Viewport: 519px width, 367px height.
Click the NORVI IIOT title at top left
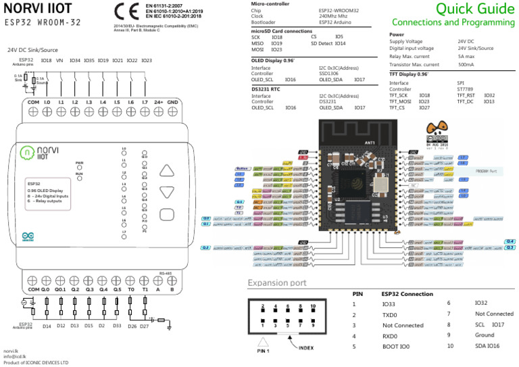point(39,9)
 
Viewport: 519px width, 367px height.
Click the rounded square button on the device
point(167,216)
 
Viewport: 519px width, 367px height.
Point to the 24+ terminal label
point(158,101)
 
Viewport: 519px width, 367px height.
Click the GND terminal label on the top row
point(172,101)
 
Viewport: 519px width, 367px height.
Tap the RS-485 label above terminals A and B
point(166,274)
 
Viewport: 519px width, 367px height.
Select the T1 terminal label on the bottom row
point(145,288)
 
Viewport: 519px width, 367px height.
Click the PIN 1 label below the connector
point(264,351)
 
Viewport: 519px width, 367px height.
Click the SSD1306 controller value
point(330,74)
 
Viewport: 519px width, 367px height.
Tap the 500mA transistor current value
point(466,65)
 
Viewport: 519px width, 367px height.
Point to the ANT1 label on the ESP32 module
point(370,143)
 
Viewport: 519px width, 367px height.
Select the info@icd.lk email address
point(15,357)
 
